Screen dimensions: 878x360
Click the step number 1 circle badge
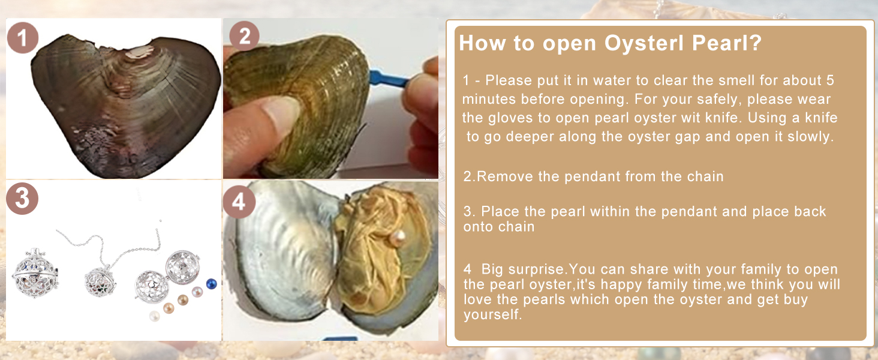pos(23,38)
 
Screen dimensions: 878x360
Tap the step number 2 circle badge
pos(244,36)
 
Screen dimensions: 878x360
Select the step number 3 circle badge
pos(22,199)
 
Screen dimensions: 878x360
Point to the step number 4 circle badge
pos(239,202)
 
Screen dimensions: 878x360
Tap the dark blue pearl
pos(212,284)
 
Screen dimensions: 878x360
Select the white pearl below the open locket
pos(155,316)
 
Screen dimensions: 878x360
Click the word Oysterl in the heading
pos(644,43)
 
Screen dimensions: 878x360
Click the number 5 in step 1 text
pos(830,80)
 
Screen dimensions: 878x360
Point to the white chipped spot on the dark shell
pos(139,53)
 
